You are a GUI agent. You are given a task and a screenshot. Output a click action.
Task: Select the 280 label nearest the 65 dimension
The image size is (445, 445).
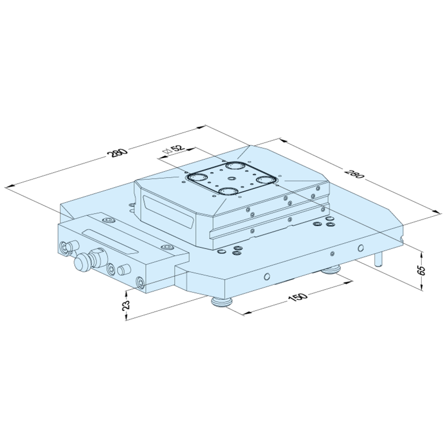coord(354,174)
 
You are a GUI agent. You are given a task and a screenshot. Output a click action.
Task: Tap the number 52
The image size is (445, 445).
coord(176,149)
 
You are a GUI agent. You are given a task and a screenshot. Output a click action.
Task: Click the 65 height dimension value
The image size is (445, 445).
coord(422,270)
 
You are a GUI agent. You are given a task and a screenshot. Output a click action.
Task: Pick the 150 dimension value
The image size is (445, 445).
coord(298,297)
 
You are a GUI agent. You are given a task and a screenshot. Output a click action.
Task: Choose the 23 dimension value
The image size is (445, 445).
coord(126,305)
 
